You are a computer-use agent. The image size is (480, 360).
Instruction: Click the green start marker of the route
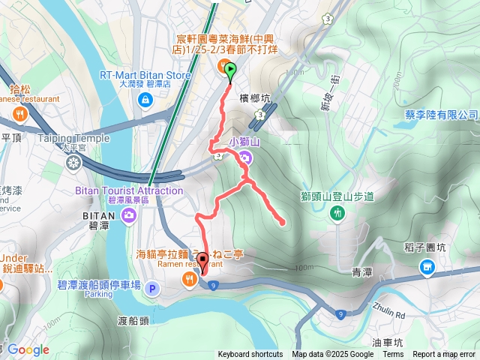coord(230,71)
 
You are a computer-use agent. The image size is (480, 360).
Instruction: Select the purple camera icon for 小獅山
coord(244,157)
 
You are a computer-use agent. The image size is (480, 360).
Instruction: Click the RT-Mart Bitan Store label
coord(145,75)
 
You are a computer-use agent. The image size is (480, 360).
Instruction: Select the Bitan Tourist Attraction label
coord(129,190)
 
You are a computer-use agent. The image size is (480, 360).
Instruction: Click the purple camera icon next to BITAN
coord(129,216)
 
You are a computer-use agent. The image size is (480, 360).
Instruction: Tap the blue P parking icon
coord(152,288)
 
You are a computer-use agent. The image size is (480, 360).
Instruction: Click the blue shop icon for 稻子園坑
coord(427,266)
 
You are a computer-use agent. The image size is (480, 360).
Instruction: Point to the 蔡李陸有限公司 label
coord(438,115)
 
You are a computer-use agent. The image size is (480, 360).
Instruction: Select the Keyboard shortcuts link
coord(250,355)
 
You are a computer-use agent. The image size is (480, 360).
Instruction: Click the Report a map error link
coord(444,355)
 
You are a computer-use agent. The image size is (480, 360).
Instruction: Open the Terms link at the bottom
coord(393,355)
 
